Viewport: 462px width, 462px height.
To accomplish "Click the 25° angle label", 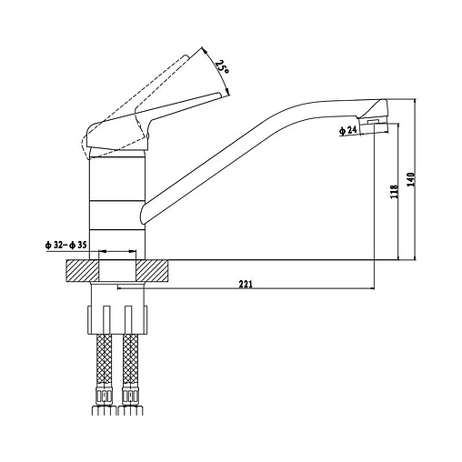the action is click(222, 67).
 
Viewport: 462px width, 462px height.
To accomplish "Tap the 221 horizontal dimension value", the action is click(246, 285).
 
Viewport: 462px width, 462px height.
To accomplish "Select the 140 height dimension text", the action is click(411, 179).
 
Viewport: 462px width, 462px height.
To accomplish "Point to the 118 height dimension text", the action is click(394, 192).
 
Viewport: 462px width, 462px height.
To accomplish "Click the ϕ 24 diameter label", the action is click(347, 130).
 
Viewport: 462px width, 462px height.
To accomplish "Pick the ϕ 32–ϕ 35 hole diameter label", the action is click(65, 245).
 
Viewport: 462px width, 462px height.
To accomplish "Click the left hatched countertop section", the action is click(83, 271).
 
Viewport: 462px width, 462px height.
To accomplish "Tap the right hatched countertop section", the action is click(152, 271).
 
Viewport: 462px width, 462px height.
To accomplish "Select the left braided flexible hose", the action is click(104, 360).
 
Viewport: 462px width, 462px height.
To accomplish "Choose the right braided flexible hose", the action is click(131, 360).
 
